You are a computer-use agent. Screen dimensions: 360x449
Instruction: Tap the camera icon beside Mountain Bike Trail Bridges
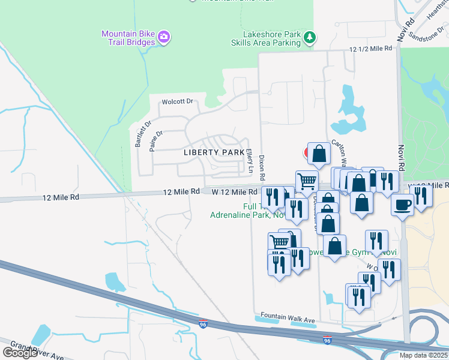click(164, 38)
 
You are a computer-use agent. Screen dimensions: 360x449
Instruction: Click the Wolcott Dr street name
click(176, 101)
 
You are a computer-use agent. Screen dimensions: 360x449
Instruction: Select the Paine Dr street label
click(157, 142)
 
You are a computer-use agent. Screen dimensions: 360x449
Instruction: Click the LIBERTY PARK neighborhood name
click(214, 152)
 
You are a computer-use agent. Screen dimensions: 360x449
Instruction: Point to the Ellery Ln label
click(249, 161)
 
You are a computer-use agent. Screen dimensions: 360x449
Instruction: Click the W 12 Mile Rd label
click(235, 191)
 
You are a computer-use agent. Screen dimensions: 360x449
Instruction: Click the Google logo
click(20, 353)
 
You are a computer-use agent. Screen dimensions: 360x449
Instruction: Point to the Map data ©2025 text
click(423, 355)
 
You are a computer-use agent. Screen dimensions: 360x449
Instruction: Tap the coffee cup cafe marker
click(402, 204)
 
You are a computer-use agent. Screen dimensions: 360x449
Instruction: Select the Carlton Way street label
click(340, 154)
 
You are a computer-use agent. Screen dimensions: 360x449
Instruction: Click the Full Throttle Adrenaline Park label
click(240, 210)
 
